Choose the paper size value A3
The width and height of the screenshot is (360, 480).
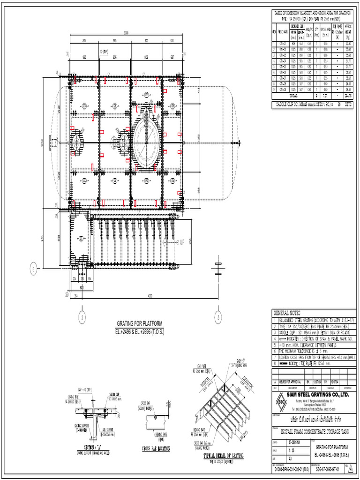[x=291, y=459]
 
